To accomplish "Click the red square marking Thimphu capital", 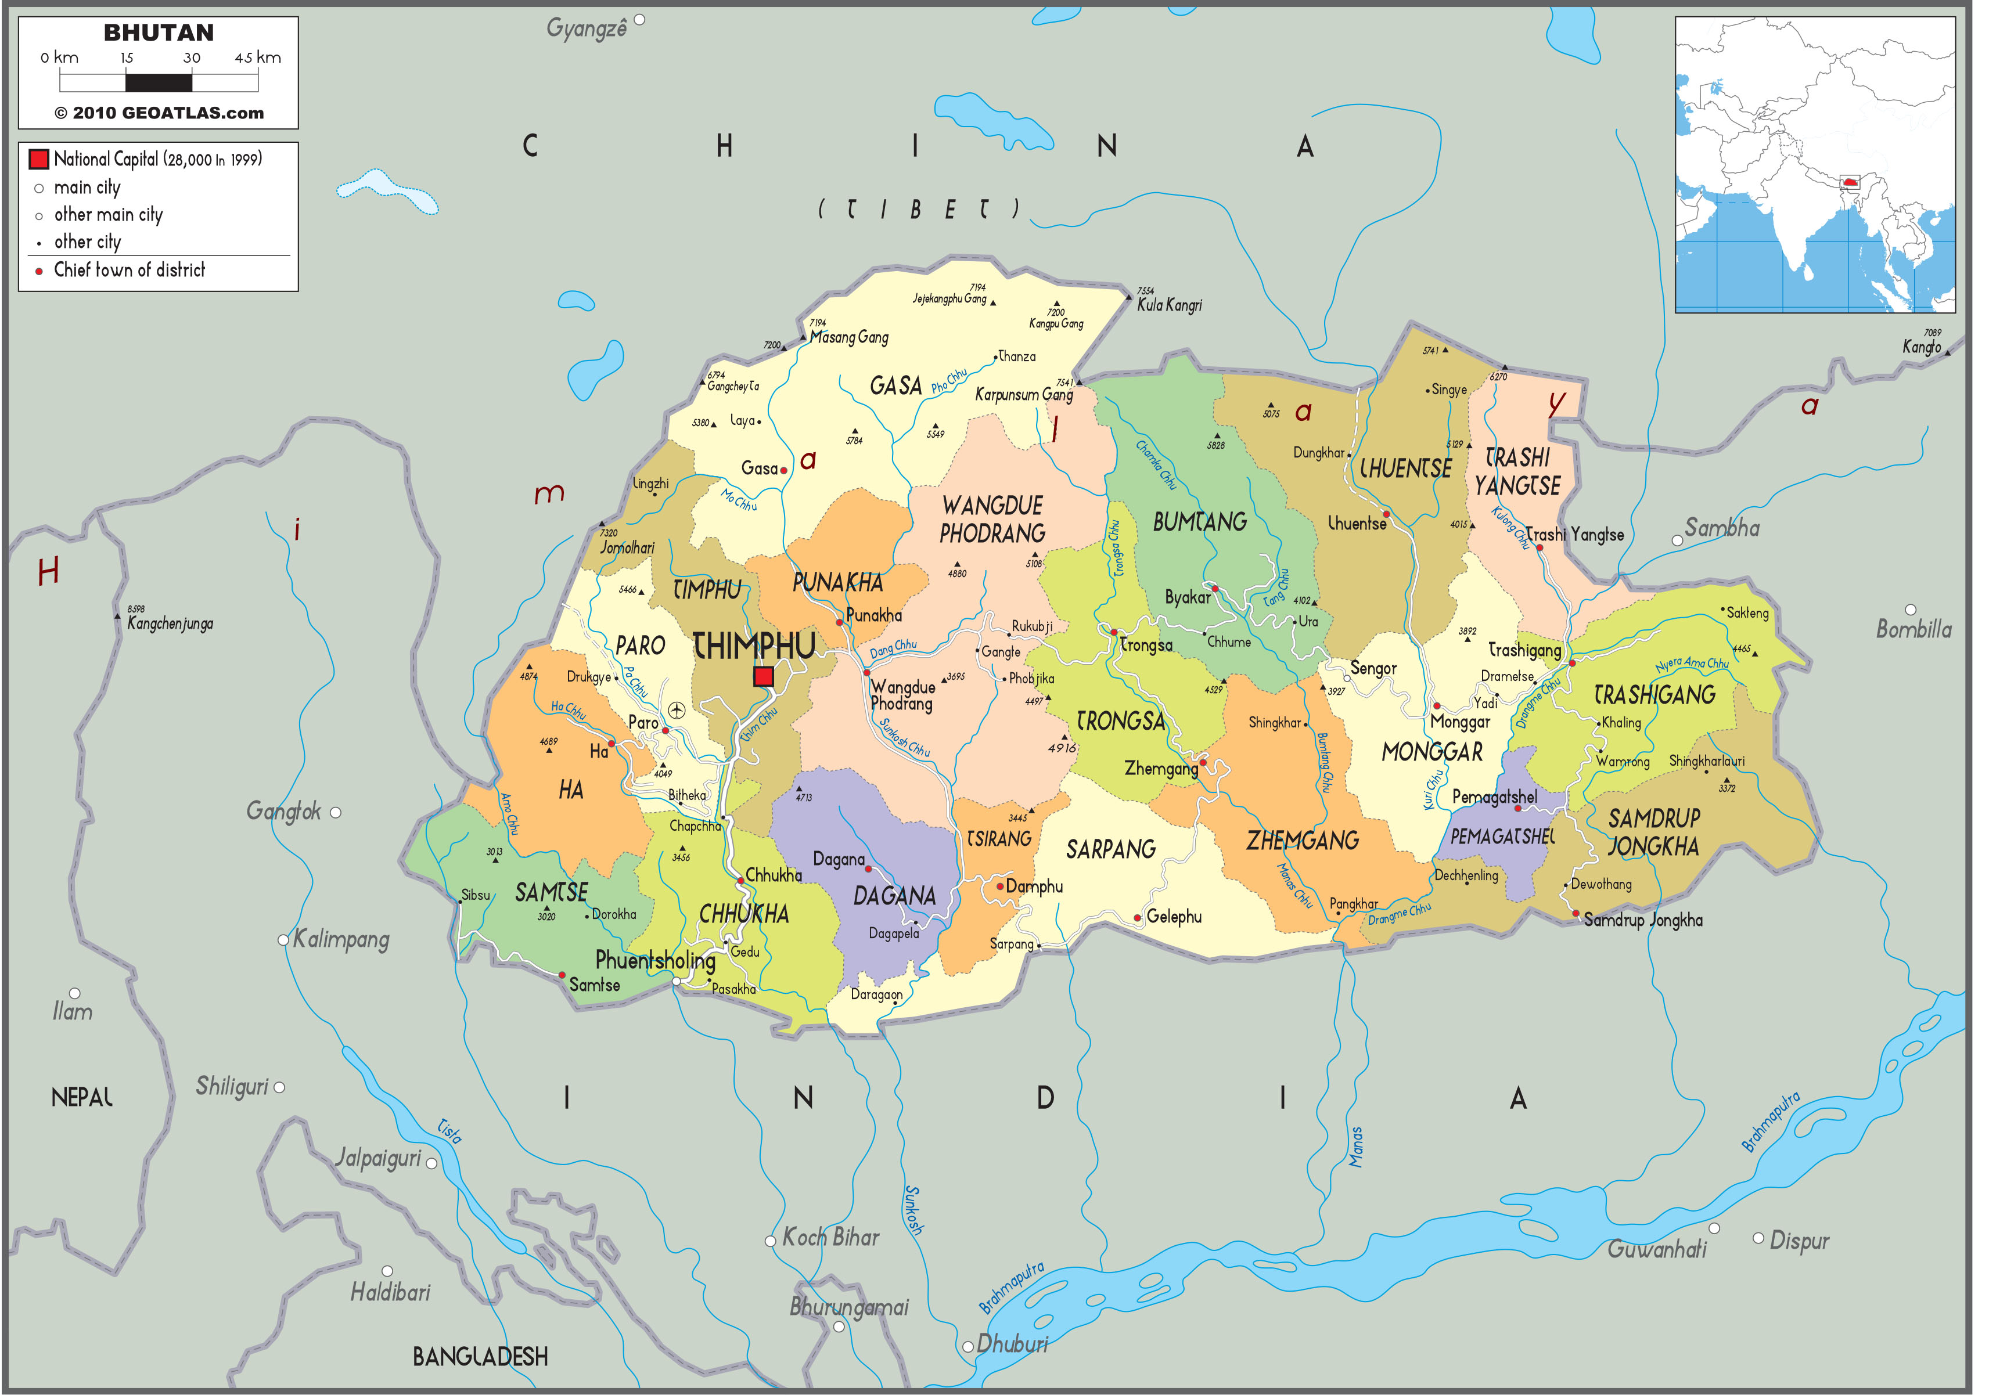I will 763,676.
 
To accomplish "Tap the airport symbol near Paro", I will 677,710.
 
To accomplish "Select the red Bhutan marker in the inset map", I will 1849,183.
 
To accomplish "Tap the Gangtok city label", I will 283,811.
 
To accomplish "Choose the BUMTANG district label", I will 1199,522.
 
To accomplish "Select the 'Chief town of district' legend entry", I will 130,270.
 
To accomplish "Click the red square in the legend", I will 38,159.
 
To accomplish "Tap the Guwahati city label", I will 1656,1250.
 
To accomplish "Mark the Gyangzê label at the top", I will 587,29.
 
